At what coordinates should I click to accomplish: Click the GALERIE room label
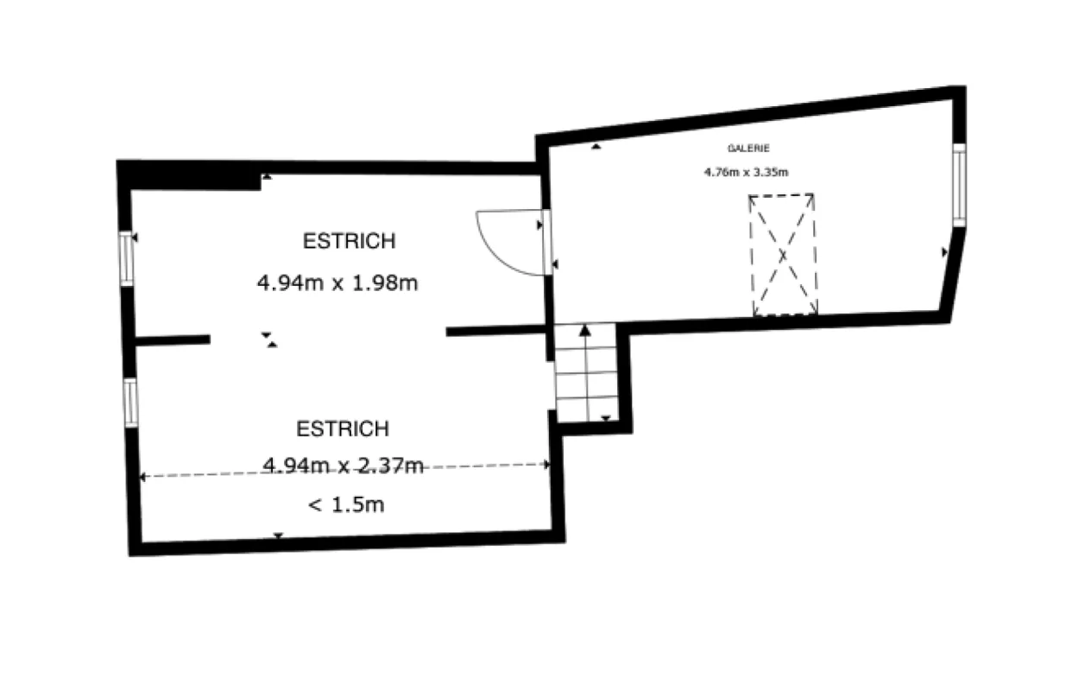[748, 149]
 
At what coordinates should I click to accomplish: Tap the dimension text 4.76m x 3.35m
[746, 172]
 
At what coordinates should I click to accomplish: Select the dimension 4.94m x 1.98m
[337, 282]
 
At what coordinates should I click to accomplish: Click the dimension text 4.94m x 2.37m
[343, 466]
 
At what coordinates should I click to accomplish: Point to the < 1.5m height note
[346, 504]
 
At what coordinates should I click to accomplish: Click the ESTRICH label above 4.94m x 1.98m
[349, 241]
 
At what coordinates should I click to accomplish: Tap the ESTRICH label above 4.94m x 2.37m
[343, 428]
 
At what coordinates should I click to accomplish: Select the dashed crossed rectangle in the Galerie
[783, 255]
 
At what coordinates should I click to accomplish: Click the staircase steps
[586, 372]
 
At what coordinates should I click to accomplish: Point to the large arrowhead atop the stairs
[585, 331]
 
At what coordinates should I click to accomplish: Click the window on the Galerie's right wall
[959, 185]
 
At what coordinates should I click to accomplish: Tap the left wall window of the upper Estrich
[126, 259]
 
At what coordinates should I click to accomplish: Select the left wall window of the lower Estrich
[130, 403]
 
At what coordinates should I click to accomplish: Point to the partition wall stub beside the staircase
[495, 331]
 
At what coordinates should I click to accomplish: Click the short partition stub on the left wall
[173, 340]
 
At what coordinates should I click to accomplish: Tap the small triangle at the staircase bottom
[605, 418]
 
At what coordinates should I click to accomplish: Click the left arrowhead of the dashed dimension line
[142, 477]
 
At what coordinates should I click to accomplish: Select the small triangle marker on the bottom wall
[278, 536]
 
